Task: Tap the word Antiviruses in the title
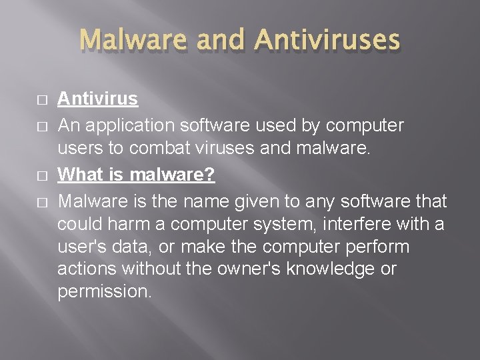pos(327,39)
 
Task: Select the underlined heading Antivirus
pos(97,99)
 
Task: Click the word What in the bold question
pos(80,175)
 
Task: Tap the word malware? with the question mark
pos(173,175)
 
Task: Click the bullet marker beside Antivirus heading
pos(43,100)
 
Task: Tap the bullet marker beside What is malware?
pos(43,176)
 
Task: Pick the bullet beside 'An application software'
pos(43,125)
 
